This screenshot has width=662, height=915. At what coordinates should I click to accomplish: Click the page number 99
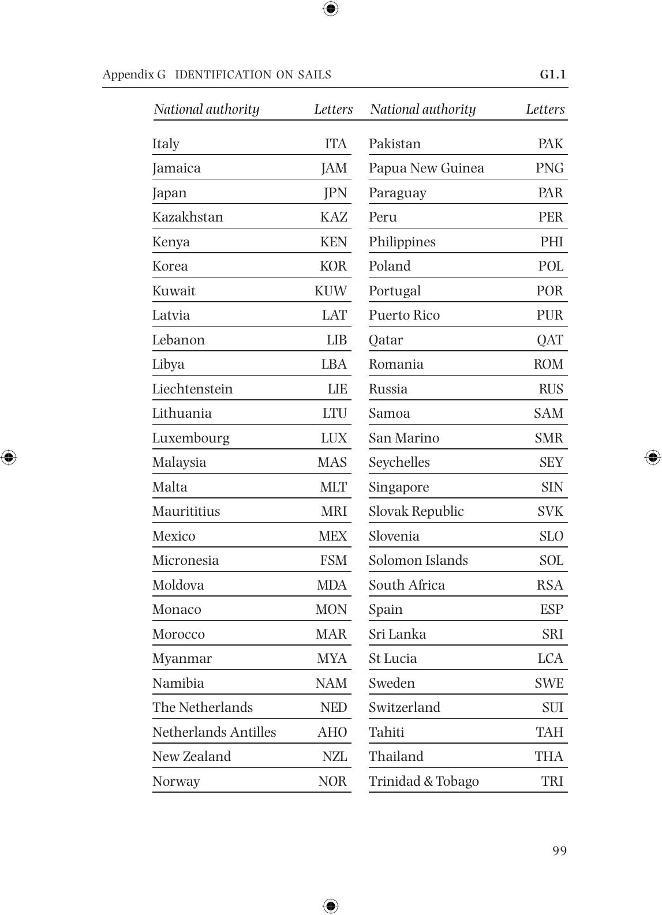coord(559,851)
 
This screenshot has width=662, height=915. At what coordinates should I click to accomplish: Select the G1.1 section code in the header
coord(553,74)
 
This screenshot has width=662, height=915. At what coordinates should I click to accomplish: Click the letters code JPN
coord(335,193)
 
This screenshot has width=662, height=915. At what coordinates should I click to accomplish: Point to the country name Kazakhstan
coord(188,217)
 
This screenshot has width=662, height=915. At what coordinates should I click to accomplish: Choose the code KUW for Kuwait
coord(331,291)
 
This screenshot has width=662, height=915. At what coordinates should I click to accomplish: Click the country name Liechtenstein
coord(192,389)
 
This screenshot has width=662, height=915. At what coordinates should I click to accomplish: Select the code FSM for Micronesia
coord(334,560)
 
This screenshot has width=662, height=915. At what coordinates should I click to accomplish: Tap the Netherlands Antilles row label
coord(214,732)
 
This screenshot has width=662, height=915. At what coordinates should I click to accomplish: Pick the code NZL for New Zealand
coord(335,756)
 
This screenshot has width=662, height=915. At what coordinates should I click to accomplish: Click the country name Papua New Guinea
coord(427,168)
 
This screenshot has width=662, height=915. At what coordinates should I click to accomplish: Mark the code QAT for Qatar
coord(550,340)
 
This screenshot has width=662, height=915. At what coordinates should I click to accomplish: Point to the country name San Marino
coord(404,438)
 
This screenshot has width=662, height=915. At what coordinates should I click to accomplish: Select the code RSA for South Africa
coord(549,585)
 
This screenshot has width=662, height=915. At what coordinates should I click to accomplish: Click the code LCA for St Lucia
coord(550,658)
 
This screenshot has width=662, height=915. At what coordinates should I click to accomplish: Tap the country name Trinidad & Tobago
coord(424,781)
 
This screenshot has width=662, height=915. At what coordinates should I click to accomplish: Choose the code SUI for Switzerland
coord(552,707)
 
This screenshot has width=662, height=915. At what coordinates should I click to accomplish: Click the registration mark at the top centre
coord(331,9)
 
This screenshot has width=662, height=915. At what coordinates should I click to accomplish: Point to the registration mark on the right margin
coord(653,457)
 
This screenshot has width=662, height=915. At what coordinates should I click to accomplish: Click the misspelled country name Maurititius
coord(186,511)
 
